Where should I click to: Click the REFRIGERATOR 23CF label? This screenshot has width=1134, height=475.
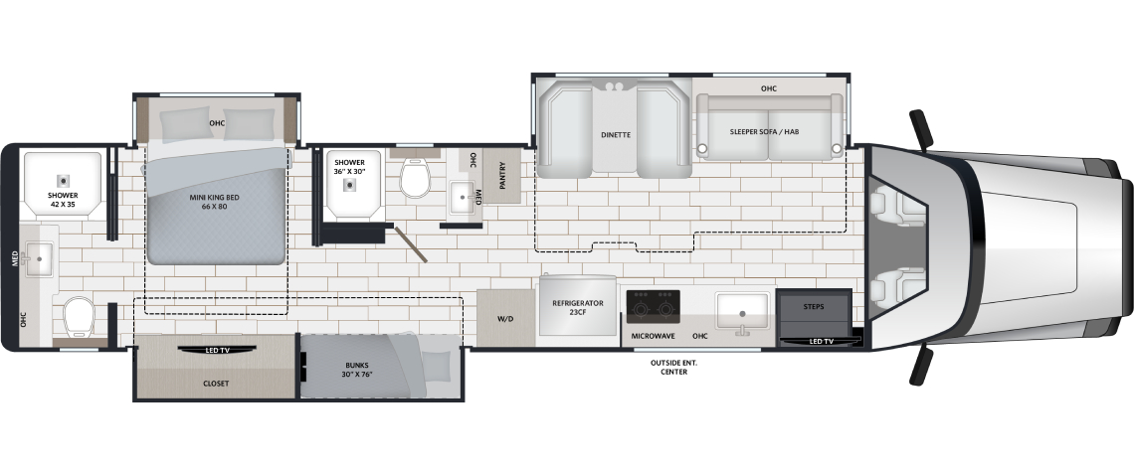click(x=578, y=308)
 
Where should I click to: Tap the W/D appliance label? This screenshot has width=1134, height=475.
click(x=504, y=319)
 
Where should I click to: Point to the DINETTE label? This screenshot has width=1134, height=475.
click(x=616, y=134)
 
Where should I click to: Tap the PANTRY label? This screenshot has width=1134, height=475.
click(x=502, y=176)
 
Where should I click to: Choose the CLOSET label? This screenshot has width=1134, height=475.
click(x=216, y=384)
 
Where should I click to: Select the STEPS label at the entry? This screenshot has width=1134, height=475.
click(x=814, y=306)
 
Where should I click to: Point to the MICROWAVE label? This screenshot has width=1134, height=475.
click(x=654, y=336)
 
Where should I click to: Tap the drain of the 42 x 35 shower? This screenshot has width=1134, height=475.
click(x=63, y=180)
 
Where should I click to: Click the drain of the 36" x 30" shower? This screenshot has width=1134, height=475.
click(x=351, y=184)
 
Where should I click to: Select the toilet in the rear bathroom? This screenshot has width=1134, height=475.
click(x=79, y=318)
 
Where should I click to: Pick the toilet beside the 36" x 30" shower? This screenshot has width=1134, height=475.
click(x=415, y=177)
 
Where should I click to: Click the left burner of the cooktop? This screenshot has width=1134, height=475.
click(x=640, y=310)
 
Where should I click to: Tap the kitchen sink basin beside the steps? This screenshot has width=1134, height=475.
click(x=742, y=311)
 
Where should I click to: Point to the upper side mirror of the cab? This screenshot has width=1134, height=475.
click(x=921, y=129)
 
